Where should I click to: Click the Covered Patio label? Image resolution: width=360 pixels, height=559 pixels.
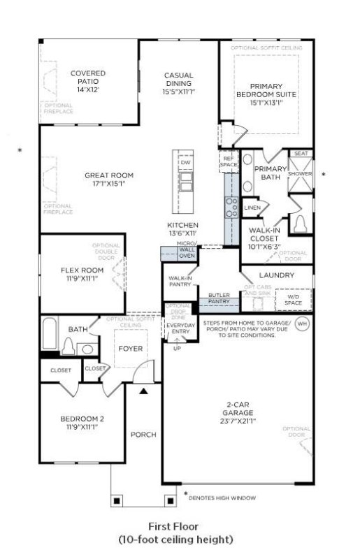[x=88, y=78]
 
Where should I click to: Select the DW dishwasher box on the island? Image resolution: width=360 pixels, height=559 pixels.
[x=185, y=163]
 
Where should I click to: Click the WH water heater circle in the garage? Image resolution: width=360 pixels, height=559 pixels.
[x=302, y=324]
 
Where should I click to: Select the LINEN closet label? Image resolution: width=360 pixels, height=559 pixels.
[x=252, y=208]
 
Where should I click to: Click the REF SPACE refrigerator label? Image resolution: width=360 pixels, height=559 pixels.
[x=228, y=161]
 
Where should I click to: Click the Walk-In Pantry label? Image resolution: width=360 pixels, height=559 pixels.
[x=180, y=281]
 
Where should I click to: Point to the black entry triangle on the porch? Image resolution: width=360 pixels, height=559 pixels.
[x=144, y=392]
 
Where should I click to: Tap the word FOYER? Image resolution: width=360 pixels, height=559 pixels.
[x=131, y=347]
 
